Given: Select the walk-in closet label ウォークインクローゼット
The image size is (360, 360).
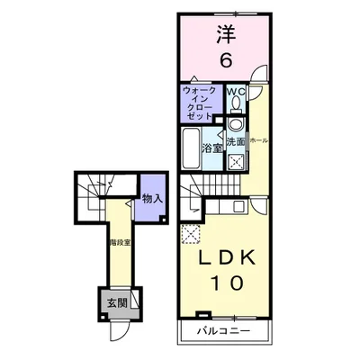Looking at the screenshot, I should (x=198, y=103).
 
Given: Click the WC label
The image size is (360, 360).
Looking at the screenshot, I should (x=236, y=93).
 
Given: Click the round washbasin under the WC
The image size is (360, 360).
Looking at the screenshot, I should (x=236, y=125).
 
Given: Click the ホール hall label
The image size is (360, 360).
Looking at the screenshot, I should (x=257, y=141).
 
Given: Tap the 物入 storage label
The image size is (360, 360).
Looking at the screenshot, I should (x=151, y=200).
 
